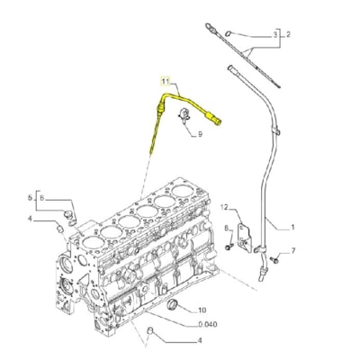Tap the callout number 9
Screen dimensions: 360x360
point(199,133)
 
